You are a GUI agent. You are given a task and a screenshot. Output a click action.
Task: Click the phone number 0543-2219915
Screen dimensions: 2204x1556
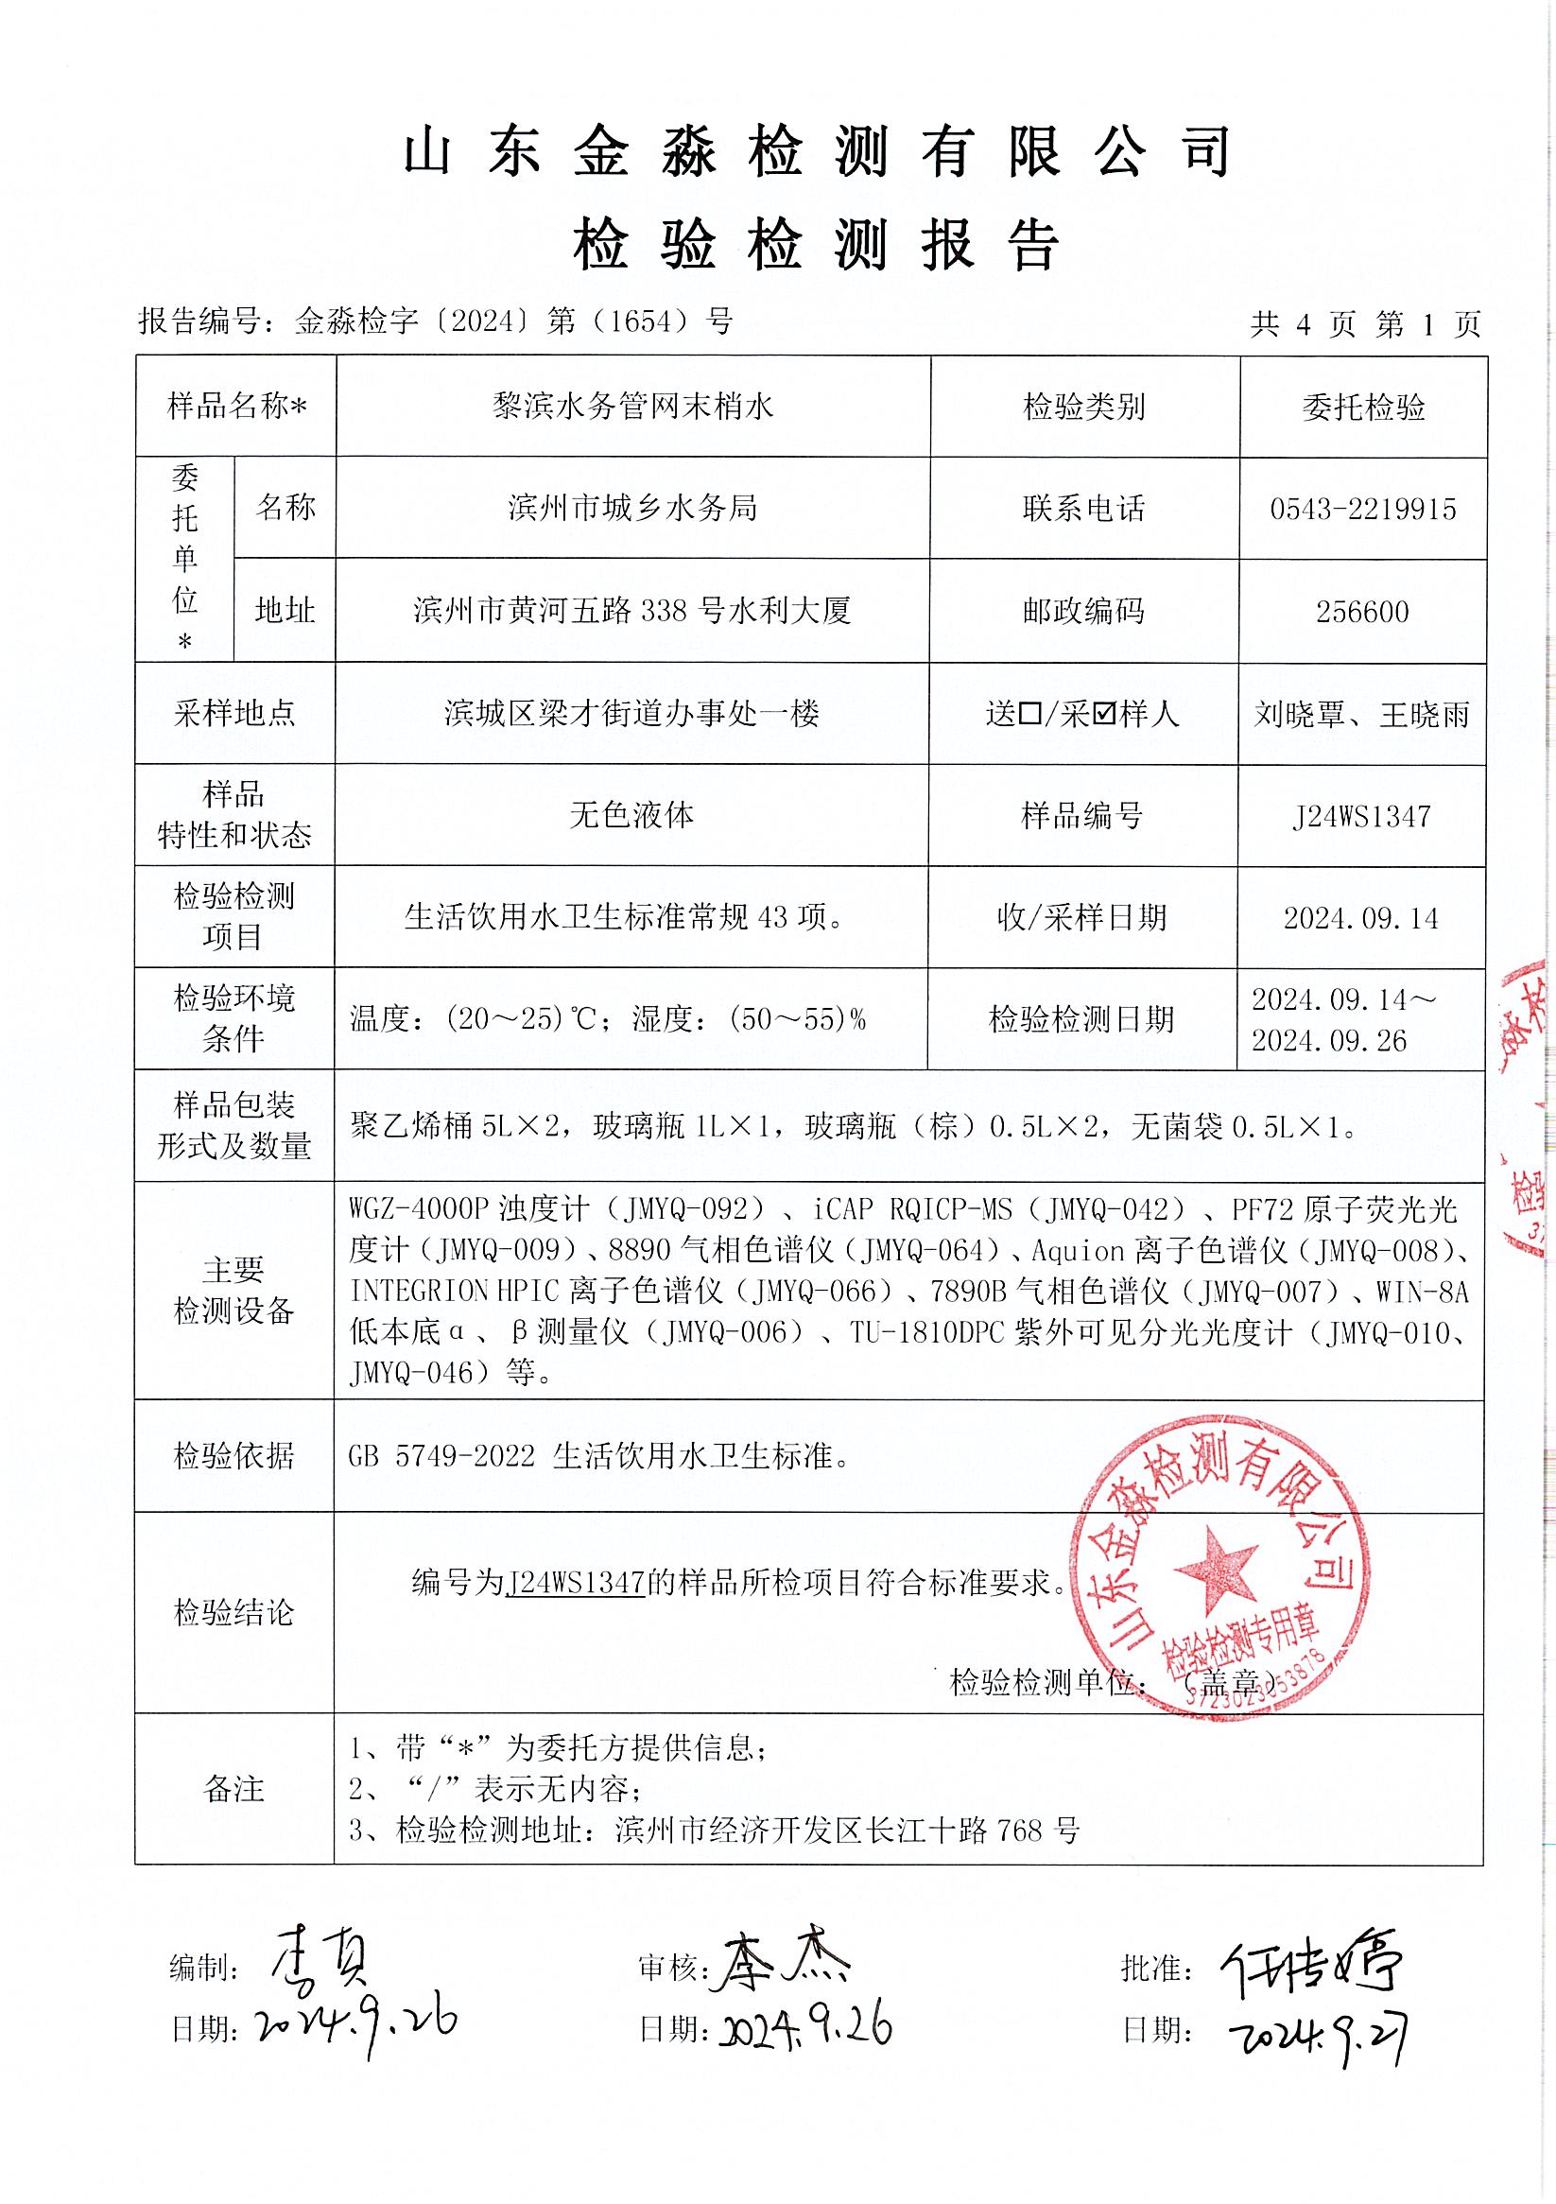point(1362,509)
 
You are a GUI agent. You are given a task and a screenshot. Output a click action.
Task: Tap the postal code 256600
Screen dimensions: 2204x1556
point(1362,612)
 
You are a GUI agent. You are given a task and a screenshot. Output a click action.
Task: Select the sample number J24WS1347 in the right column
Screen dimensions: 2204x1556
point(1361,817)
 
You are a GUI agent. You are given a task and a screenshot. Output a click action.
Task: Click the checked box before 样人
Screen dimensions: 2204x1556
point(1102,714)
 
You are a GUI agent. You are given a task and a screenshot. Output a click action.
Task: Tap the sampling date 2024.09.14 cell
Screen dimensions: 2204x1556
point(1361,919)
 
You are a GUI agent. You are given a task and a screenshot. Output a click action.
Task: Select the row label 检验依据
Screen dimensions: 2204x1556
point(234,1456)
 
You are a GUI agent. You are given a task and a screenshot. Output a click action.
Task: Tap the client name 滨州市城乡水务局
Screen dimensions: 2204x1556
point(632,508)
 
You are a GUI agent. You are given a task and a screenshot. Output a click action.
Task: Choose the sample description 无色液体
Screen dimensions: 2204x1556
point(631,816)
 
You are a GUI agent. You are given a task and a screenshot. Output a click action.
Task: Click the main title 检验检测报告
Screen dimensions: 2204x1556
point(816,246)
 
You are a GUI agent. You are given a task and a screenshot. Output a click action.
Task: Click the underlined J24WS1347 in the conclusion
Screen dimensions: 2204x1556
point(576,1581)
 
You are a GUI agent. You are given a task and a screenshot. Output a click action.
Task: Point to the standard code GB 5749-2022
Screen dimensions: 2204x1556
point(441,1456)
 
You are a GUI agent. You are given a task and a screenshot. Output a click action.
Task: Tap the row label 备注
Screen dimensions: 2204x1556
point(233,1788)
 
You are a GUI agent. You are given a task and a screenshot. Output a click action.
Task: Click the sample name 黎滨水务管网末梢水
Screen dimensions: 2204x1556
point(632,407)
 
